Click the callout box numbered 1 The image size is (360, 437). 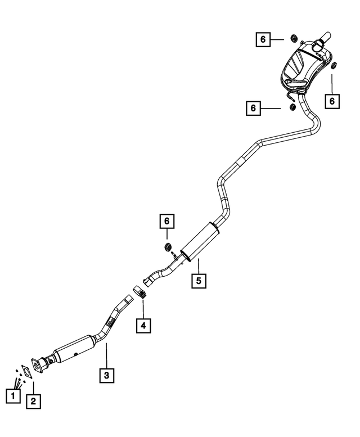[x=13, y=395]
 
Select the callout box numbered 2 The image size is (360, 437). [x=33, y=402]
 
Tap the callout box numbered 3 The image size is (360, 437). [x=107, y=375]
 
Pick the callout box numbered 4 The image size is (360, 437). [x=143, y=325]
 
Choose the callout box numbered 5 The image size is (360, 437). [x=199, y=281]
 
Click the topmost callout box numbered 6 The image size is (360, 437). [x=263, y=39]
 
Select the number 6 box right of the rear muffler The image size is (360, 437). [x=332, y=101]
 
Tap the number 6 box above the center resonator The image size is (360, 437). [x=167, y=221]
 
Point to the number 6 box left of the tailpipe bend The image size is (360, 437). [x=253, y=108]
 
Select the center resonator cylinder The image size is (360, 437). [x=200, y=241]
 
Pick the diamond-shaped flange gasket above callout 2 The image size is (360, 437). [x=27, y=372]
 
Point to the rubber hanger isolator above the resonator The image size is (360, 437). [x=167, y=246]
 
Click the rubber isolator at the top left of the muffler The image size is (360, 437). [x=294, y=38]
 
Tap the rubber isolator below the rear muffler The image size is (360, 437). [x=292, y=107]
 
